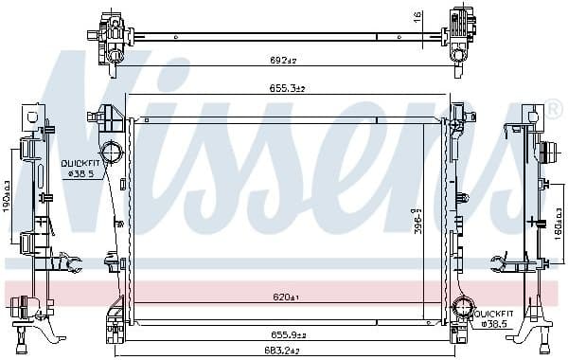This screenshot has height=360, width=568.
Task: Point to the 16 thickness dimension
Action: pyautogui.click(x=417, y=16)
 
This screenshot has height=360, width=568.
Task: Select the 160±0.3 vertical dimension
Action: pyautogui.click(x=558, y=228)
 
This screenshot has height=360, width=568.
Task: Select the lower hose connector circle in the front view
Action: pyautogui.click(x=463, y=307)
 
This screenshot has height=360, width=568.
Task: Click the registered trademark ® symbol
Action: pyautogui.click(x=554, y=113)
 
